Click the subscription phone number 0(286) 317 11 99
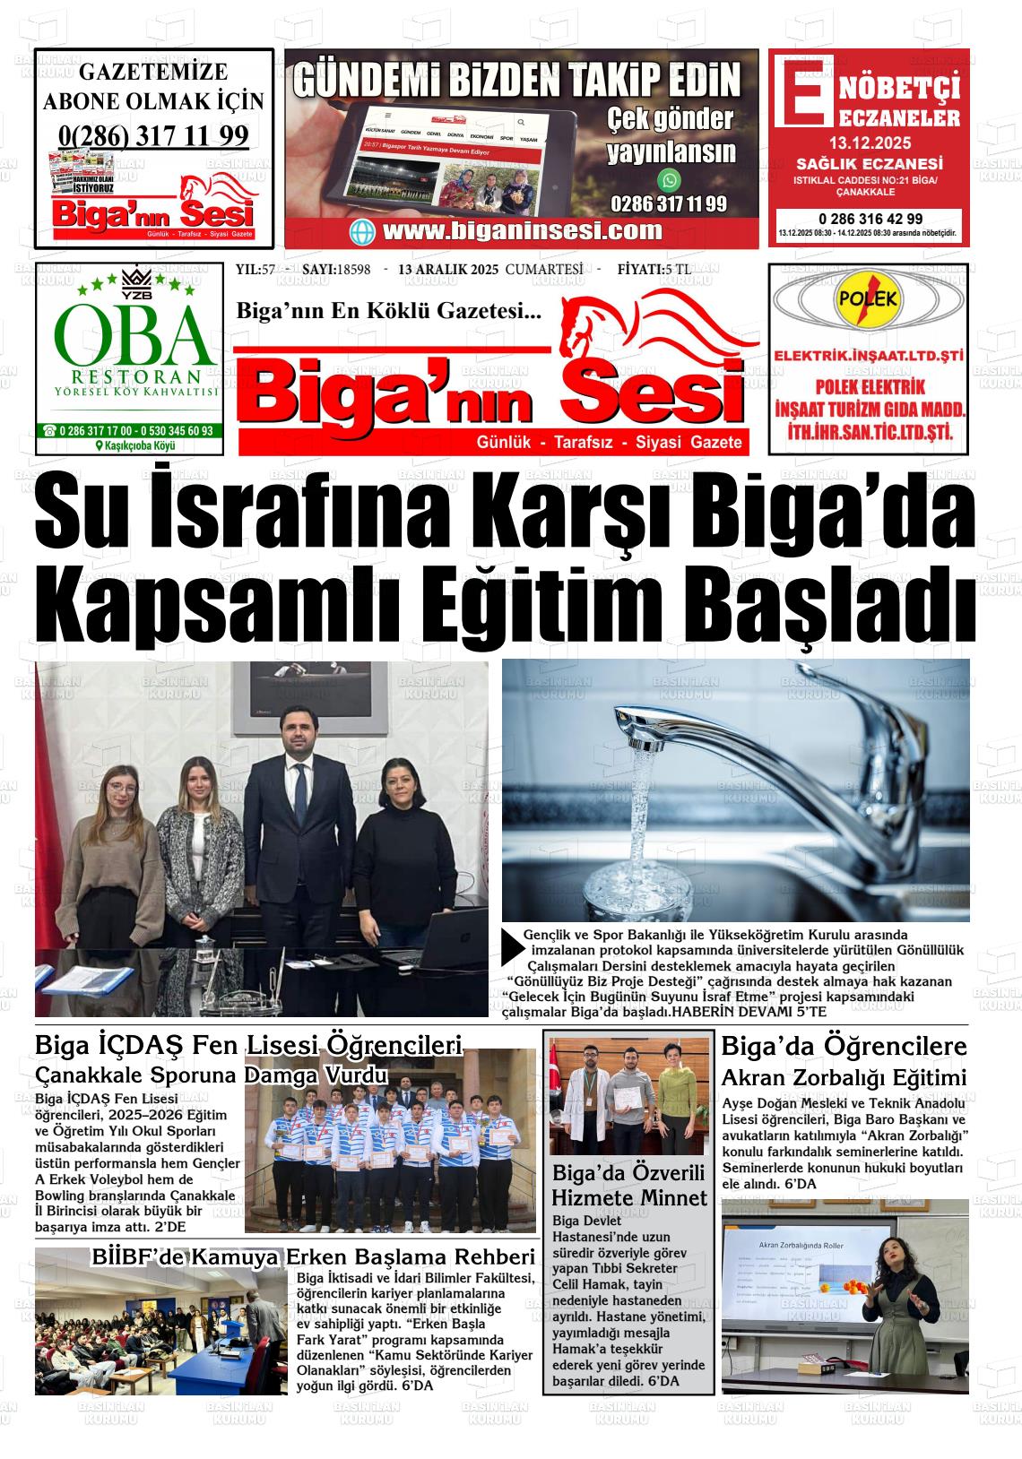coord(153,135)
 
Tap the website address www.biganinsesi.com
coord(523,230)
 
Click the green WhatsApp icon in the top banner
coord(669,180)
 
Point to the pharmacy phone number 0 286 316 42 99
coord(870,219)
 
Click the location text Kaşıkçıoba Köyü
coord(135,446)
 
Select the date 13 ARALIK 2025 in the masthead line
coord(447,270)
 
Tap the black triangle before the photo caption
coord(511,946)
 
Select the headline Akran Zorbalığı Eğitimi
coord(844,1077)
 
